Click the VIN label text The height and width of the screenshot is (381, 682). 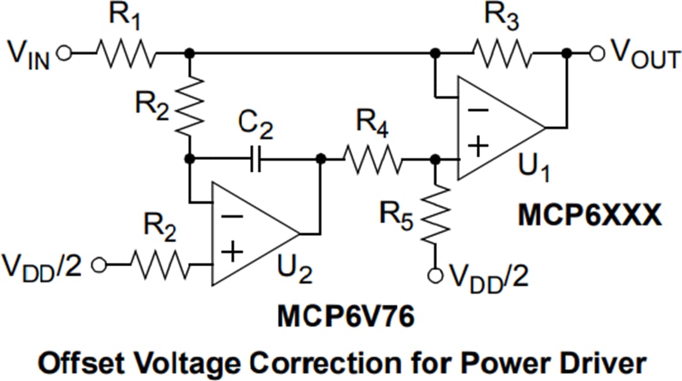click(x=28, y=56)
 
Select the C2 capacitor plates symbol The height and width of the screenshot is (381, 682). click(x=255, y=159)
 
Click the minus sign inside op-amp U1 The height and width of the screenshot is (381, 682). click(x=478, y=109)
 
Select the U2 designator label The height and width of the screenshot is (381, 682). click(x=294, y=273)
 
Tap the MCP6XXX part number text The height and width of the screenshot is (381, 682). click(x=589, y=215)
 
